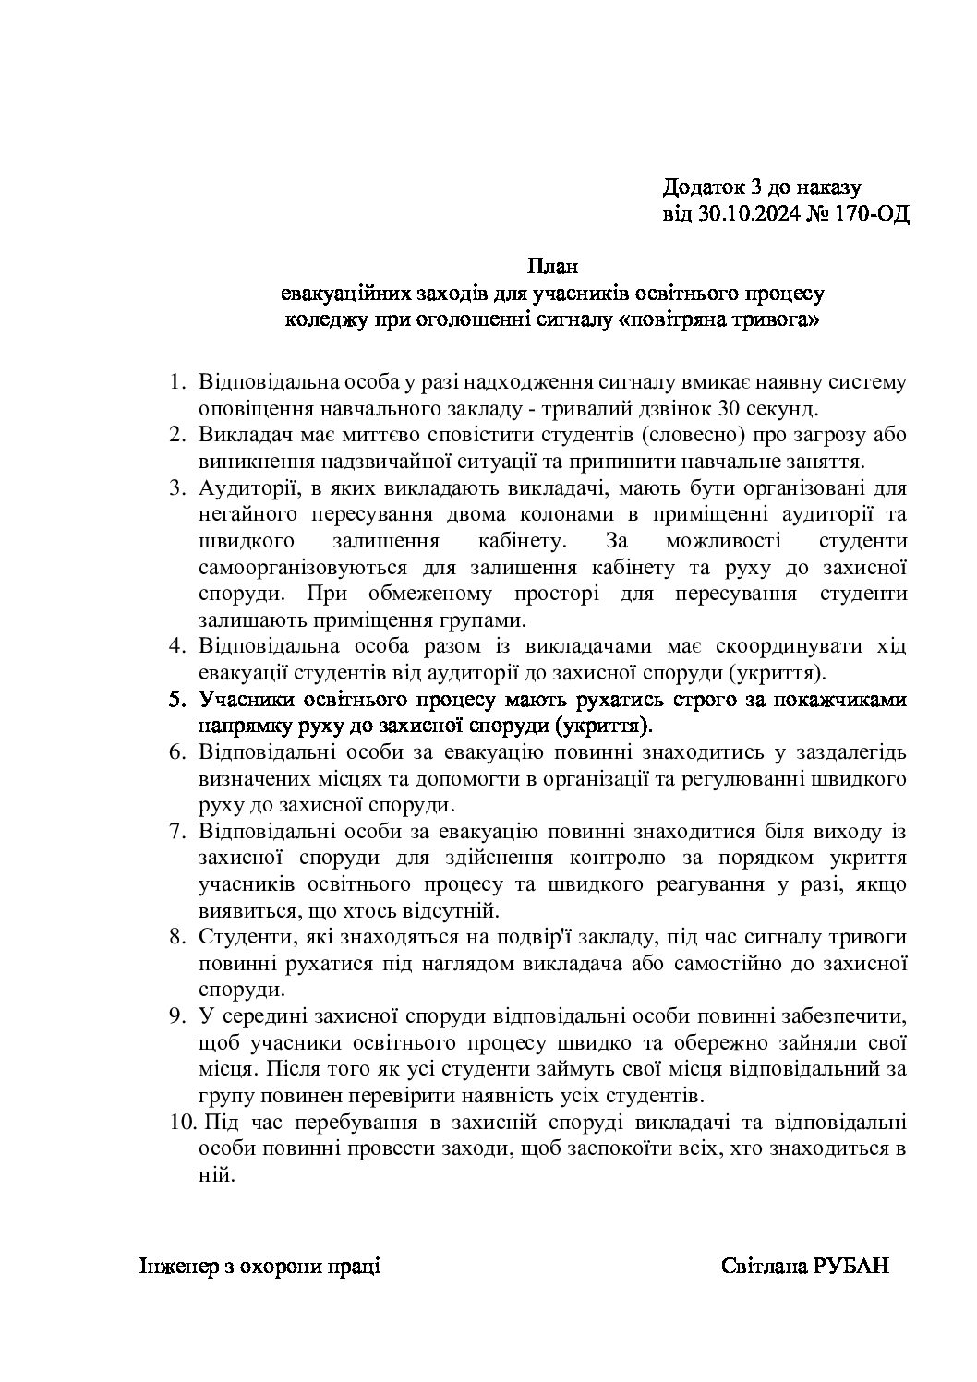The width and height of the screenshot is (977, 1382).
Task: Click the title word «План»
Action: pyautogui.click(x=551, y=268)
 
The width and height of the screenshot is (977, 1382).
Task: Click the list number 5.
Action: pyautogui.click(x=178, y=699)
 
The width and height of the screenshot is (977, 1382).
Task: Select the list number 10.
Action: pyautogui.click(x=182, y=1124)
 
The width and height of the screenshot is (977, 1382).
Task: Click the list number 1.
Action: pyautogui.click(x=178, y=382)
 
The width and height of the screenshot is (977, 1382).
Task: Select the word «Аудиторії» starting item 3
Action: pyautogui.click(x=251, y=487)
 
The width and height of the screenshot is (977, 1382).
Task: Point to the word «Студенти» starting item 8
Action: pyautogui.click(x=245, y=937)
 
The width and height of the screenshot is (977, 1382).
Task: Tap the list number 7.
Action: pyautogui.click(x=178, y=831)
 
